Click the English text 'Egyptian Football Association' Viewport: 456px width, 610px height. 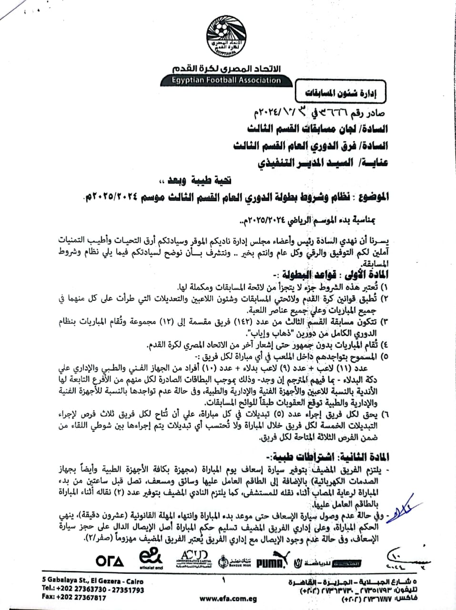[x=226, y=80]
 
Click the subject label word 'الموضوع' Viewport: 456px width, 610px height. [x=371, y=196]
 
